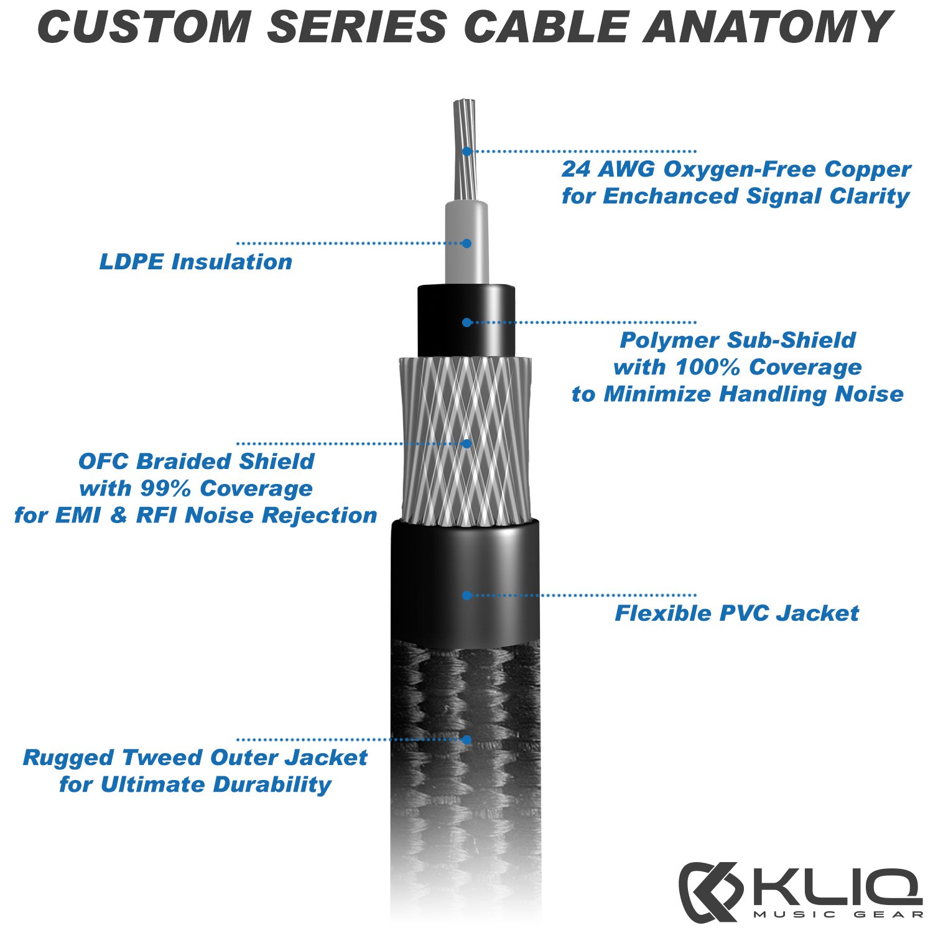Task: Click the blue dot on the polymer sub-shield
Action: pyautogui.click(x=466, y=322)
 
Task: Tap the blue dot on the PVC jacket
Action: pyautogui.click(x=466, y=595)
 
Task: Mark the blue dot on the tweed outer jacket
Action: pyautogui.click(x=466, y=740)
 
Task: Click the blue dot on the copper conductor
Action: pyautogui.click(x=466, y=151)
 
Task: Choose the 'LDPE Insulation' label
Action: pyautogui.click(x=195, y=262)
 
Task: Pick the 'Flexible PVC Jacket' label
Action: pyautogui.click(x=736, y=613)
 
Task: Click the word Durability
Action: pyautogui.click(x=272, y=784)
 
